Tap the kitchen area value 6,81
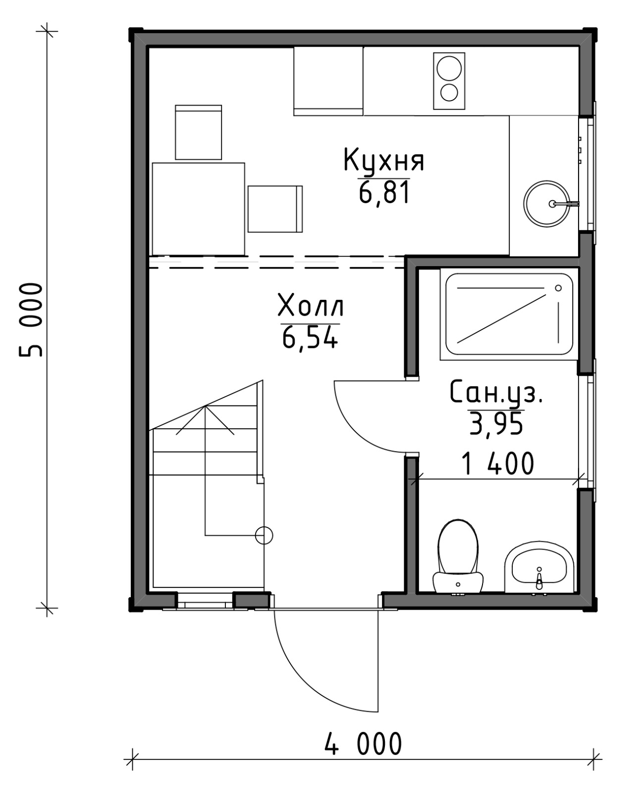tap(384, 192)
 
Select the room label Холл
tap(311, 305)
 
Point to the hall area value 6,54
tap(310, 337)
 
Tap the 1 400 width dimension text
tap(498, 464)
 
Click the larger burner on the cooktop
tap(449, 68)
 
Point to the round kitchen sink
tap(546, 204)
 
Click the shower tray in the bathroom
tap(509, 314)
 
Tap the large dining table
tap(198, 209)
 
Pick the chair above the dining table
tap(198, 132)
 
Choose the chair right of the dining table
tap(275, 209)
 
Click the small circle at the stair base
tap(264, 536)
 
